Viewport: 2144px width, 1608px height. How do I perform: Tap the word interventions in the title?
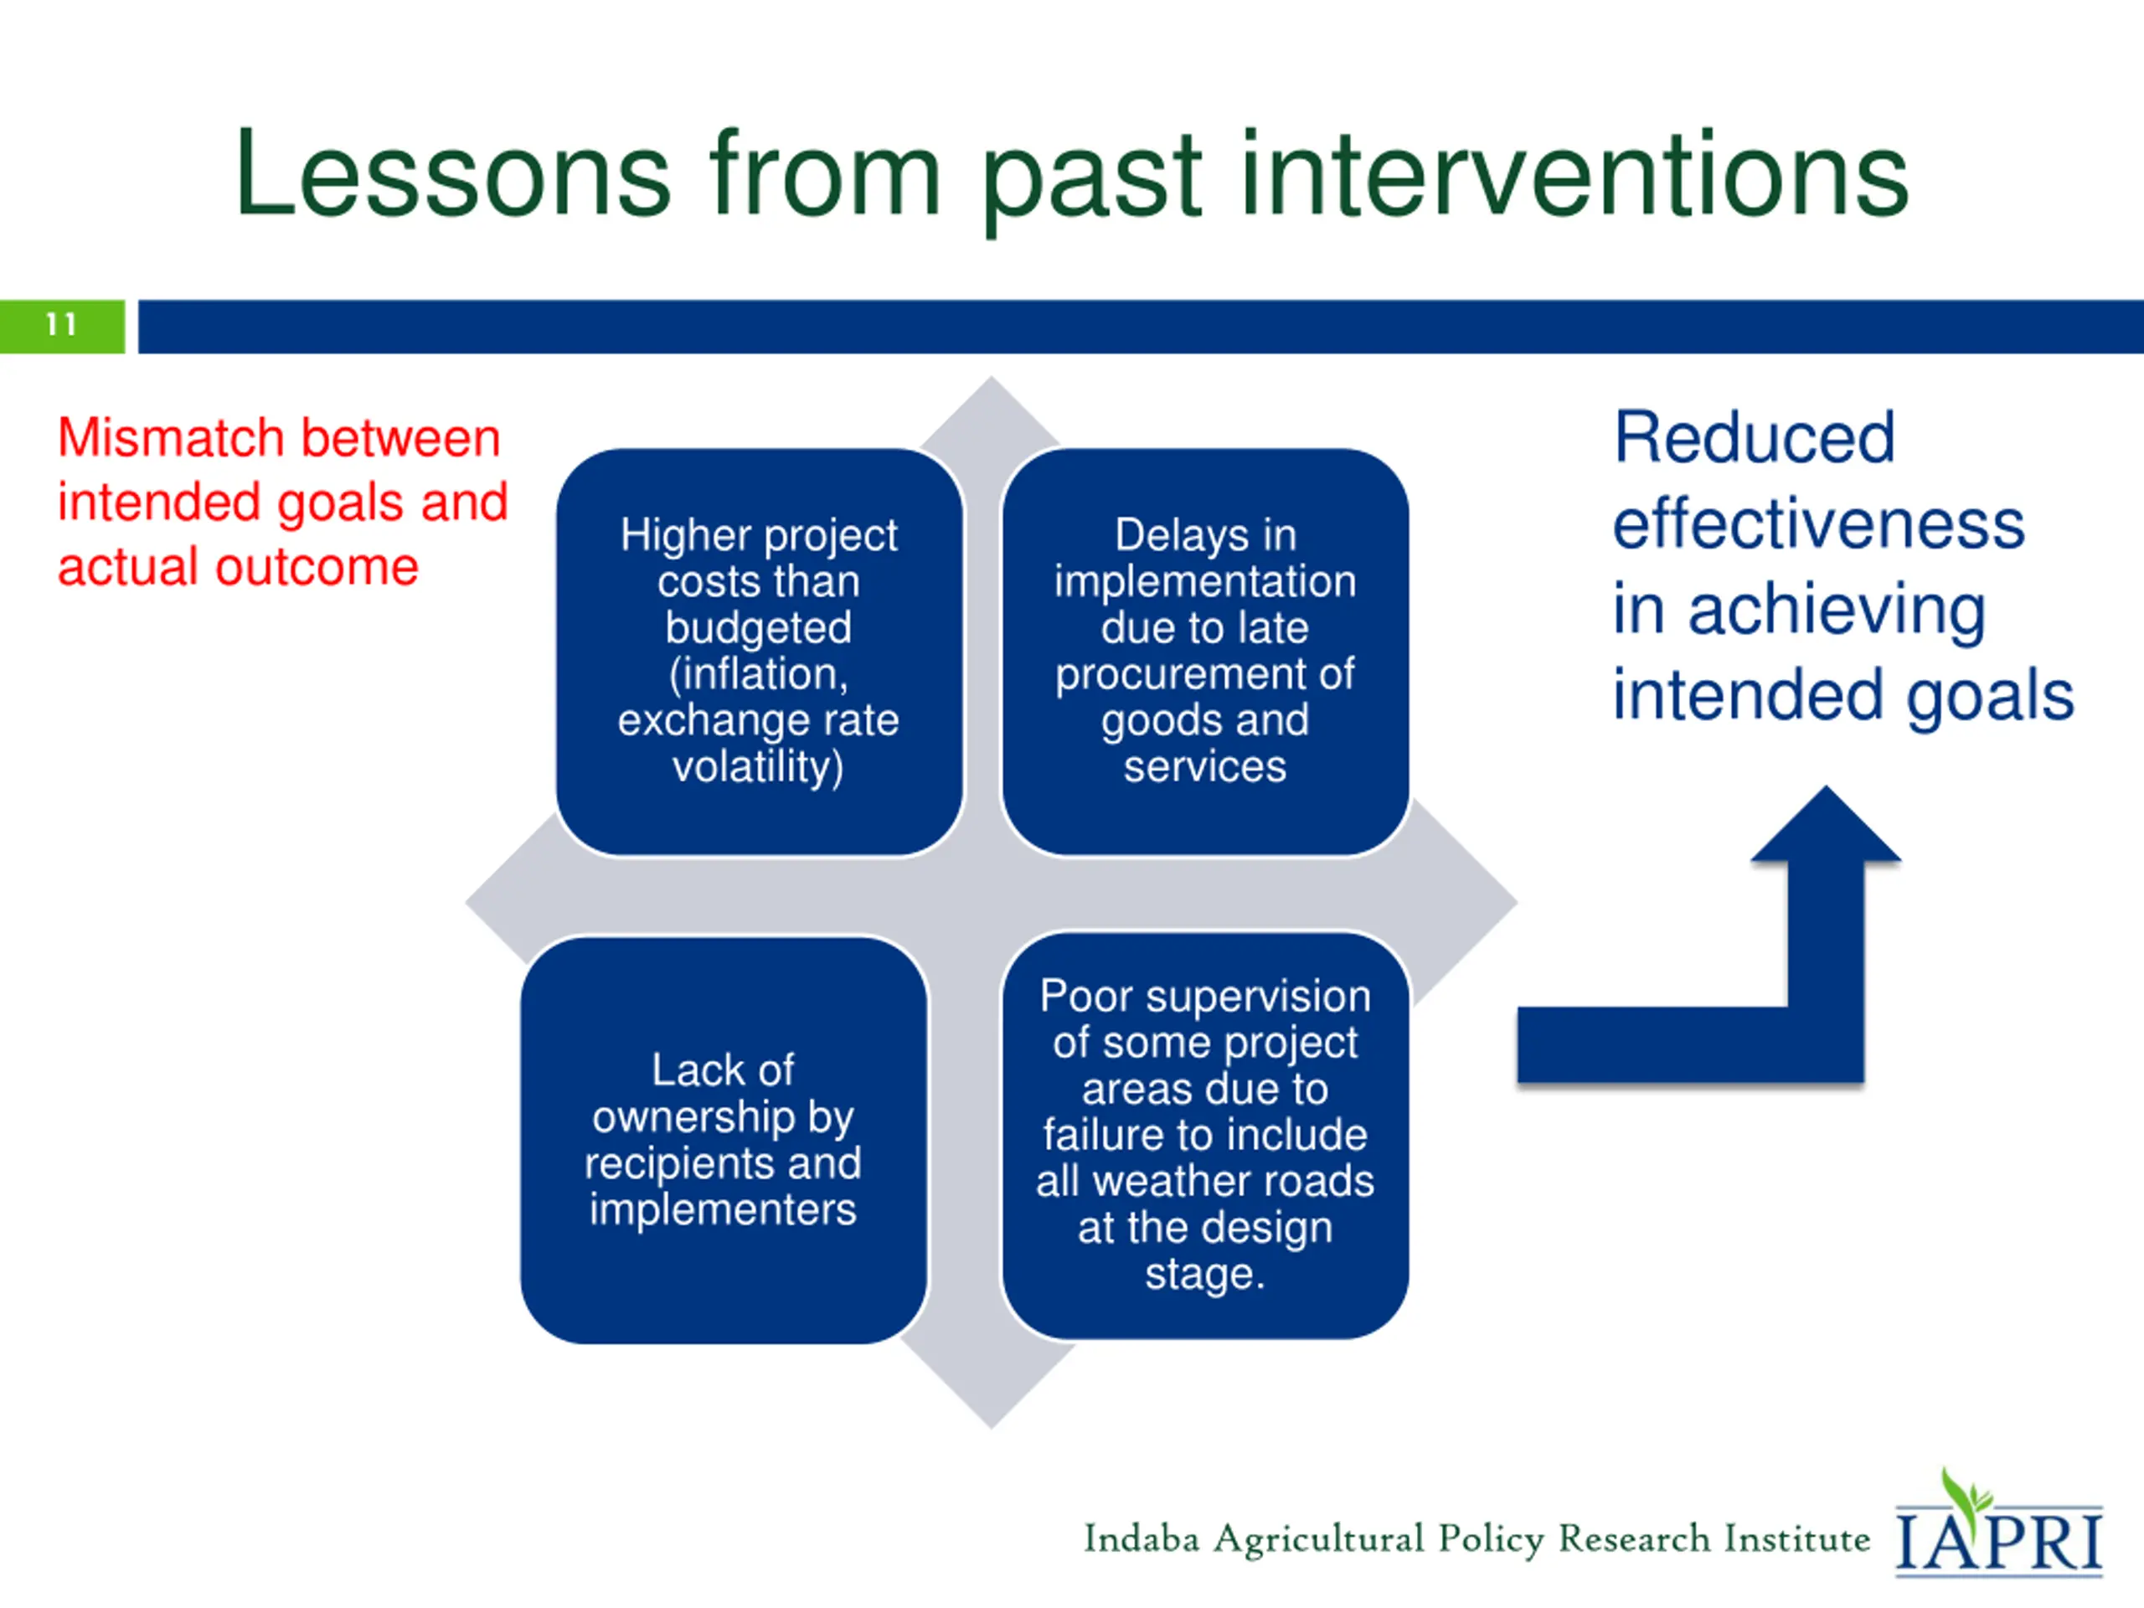pos(1574,174)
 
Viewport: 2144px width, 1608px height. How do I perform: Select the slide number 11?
pos(61,324)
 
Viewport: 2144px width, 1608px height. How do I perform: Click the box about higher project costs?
pos(759,652)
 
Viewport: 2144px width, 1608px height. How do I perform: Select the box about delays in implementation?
pos(1205,652)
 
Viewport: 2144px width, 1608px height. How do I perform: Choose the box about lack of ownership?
pos(723,1140)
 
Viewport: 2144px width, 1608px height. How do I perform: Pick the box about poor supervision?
pos(1205,1136)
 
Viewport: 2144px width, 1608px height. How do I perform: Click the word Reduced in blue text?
pos(1755,438)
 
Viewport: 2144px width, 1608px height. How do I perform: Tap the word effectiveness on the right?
pos(1819,523)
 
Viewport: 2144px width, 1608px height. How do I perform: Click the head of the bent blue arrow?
pos(1826,824)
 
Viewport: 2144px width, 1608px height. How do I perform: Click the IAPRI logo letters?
pos(1998,1541)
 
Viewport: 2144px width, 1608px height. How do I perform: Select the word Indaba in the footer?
pos(1142,1539)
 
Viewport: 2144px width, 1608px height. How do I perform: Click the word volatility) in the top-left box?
pos(758,766)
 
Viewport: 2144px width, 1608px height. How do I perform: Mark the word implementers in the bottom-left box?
pos(723,1209)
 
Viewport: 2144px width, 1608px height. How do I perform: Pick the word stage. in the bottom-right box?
pos(1205,1274)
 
